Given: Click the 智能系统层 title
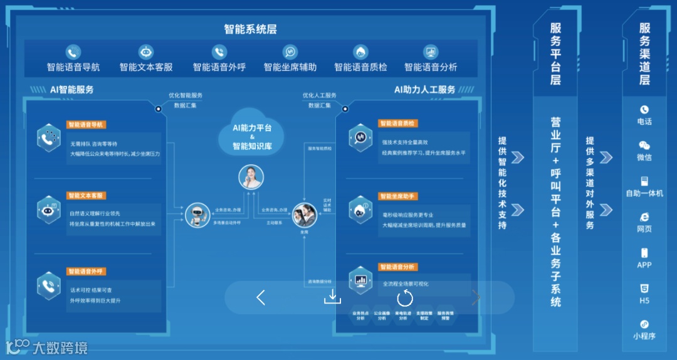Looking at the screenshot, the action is click(250, 29).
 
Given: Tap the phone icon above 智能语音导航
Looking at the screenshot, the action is click(73, 52).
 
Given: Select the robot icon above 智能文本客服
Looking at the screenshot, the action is click(146, 52).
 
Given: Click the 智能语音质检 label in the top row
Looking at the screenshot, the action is click(360, 67).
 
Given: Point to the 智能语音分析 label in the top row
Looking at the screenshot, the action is click(431, 67).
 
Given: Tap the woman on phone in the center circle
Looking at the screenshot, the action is click(251, 177).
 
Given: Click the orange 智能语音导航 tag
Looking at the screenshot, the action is click(86, 124).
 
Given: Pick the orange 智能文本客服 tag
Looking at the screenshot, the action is click(86, 196).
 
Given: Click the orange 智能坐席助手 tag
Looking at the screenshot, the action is click(398, 196).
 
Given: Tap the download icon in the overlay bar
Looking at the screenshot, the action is click(332, 297).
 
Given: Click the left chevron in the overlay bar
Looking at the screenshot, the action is click(261, 298).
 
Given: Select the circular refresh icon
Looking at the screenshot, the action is click(405, 298).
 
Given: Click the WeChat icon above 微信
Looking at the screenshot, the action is click(644, 146).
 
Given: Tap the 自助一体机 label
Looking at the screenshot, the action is click(644, 193).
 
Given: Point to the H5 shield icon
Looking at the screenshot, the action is click(644, 289).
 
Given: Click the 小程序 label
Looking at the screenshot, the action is click(644, 336).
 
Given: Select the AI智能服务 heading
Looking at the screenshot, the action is click(72, 90).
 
